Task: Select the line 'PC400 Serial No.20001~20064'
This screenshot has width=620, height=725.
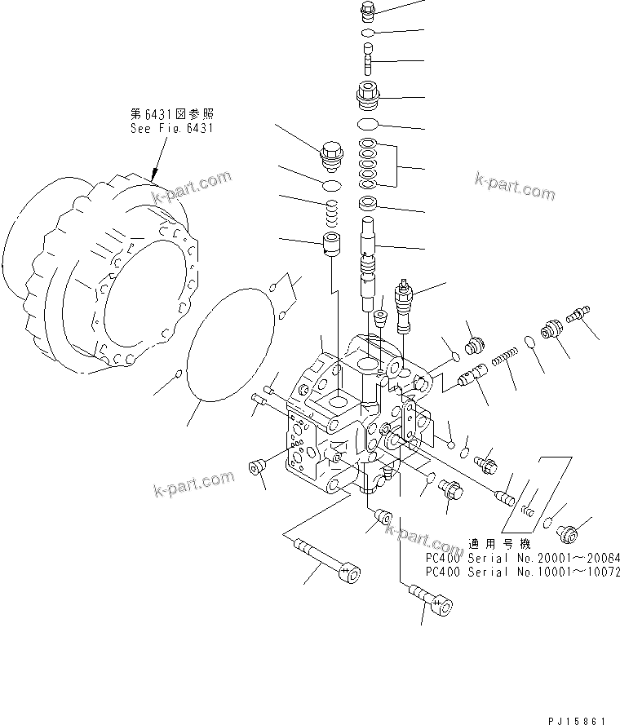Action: [x=523, y=557]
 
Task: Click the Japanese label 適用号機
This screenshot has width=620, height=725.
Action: [x=494, y=543]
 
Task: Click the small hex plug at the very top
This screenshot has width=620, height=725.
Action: [x=367, y=11]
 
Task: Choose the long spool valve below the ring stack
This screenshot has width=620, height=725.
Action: [x=369, y=261]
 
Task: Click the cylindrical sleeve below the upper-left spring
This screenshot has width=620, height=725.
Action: [x=331, y=243]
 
